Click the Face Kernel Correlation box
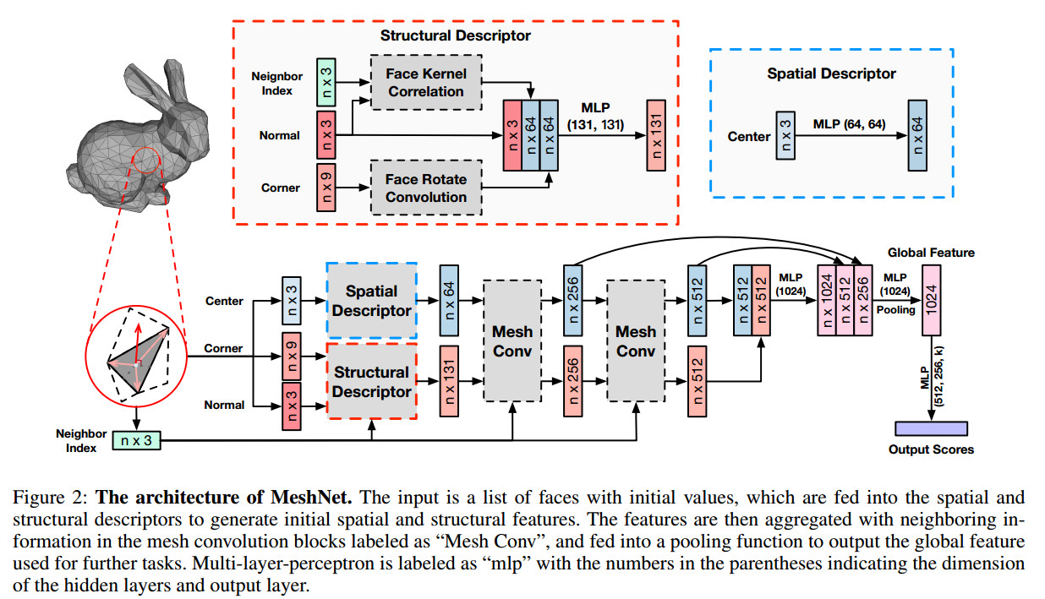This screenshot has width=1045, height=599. pos(426,83)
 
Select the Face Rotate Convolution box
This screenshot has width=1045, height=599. pos(426,188)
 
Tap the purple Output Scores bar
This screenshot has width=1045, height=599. pos(931,428)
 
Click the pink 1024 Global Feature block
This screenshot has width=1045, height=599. pos(931,300)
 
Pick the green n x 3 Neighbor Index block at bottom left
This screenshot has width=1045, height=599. pos(136,440)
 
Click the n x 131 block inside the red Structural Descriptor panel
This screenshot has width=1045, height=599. pos(656,135)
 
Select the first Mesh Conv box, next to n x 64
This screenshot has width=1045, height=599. pos(512,340)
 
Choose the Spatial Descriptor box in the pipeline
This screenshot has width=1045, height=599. pos(371,301)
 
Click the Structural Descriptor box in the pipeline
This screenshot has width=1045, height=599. pos(371,381)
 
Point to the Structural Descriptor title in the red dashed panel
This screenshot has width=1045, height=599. pos(456,35)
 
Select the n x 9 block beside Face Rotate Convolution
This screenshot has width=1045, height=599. pos(326,188)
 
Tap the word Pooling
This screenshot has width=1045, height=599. pos(895,310)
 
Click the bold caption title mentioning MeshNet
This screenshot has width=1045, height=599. pos(224,498)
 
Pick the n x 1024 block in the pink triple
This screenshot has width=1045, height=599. pos(827,300)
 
